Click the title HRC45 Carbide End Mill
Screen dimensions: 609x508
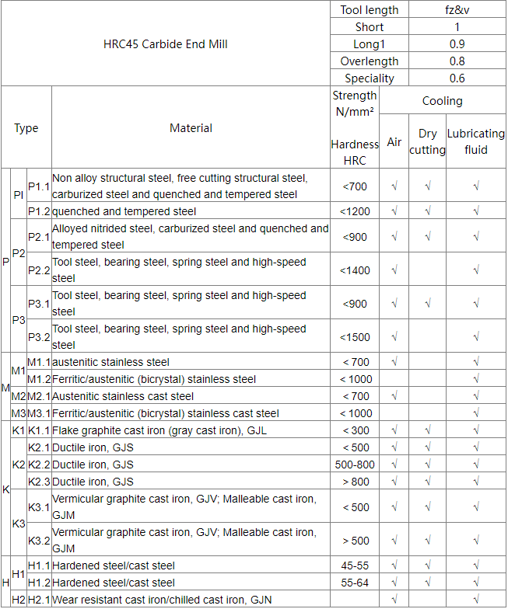point(166,44)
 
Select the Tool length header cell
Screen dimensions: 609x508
point(370,10)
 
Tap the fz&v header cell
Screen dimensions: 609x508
point(457,10)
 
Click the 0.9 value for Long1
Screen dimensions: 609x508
point(457,44)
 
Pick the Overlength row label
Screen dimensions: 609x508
point(370,61)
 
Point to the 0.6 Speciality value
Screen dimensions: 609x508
point(457,78)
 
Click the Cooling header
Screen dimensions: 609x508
point(442,101)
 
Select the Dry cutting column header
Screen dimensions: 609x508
point(427,142)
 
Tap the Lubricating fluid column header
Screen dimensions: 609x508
point(475,142)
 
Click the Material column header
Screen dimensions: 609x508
point(191,128)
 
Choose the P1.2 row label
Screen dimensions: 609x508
point(39,211)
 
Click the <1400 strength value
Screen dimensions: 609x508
point(355,270)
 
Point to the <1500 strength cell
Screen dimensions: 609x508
point(355,337)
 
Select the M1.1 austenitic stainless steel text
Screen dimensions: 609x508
point(110,363)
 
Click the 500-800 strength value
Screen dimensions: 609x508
point(355,465)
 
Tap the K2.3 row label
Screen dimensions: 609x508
point(39,482)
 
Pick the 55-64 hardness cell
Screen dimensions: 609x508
point(355,583)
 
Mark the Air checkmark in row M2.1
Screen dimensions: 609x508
point(394,397)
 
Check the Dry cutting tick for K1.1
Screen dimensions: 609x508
point(427,431)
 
